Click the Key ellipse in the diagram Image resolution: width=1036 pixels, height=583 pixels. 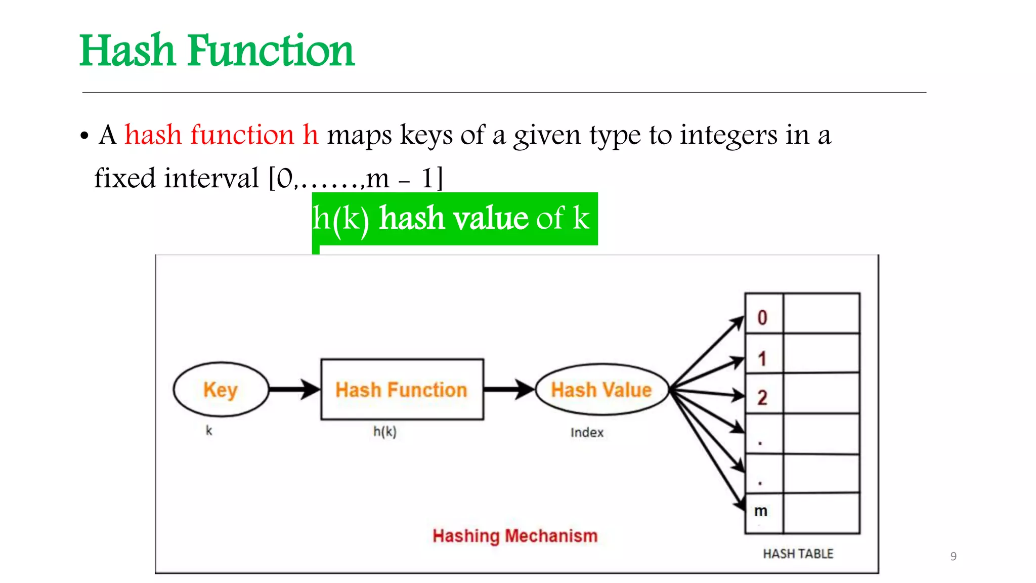(x=221, y=390)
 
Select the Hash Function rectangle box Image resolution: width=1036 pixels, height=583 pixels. (x=402, y=390)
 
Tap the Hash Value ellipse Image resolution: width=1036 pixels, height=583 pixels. (x=601, y=390)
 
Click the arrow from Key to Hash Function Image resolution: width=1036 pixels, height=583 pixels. (x=294, y=390)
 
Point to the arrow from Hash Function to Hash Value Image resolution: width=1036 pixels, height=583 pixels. (x=508, y=390)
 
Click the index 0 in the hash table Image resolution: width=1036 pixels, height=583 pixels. (x=762, y=318)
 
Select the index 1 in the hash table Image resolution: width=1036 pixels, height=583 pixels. (x=762, y=359)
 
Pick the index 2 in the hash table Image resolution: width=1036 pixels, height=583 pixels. (x=762, y=398)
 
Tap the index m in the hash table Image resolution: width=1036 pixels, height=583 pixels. (x=761, y=511)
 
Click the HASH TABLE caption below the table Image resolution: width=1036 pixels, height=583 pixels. (x=798, y=554)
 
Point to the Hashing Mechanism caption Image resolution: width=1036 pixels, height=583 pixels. (x=515, y=535)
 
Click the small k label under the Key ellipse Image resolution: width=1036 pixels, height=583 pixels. (x=209, y=431)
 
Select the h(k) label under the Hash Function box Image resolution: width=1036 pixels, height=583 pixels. (x=385, y=432)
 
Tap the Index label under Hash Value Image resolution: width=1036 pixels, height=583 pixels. (x=587, y=433)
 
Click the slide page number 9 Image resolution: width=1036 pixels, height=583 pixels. (x=954, y=556)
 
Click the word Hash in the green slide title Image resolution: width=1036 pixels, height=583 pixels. (x=127, y=51)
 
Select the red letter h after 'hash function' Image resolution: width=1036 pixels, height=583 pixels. (x=311, y=135)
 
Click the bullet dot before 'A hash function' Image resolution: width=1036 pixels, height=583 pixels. (x=84, y=136)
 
